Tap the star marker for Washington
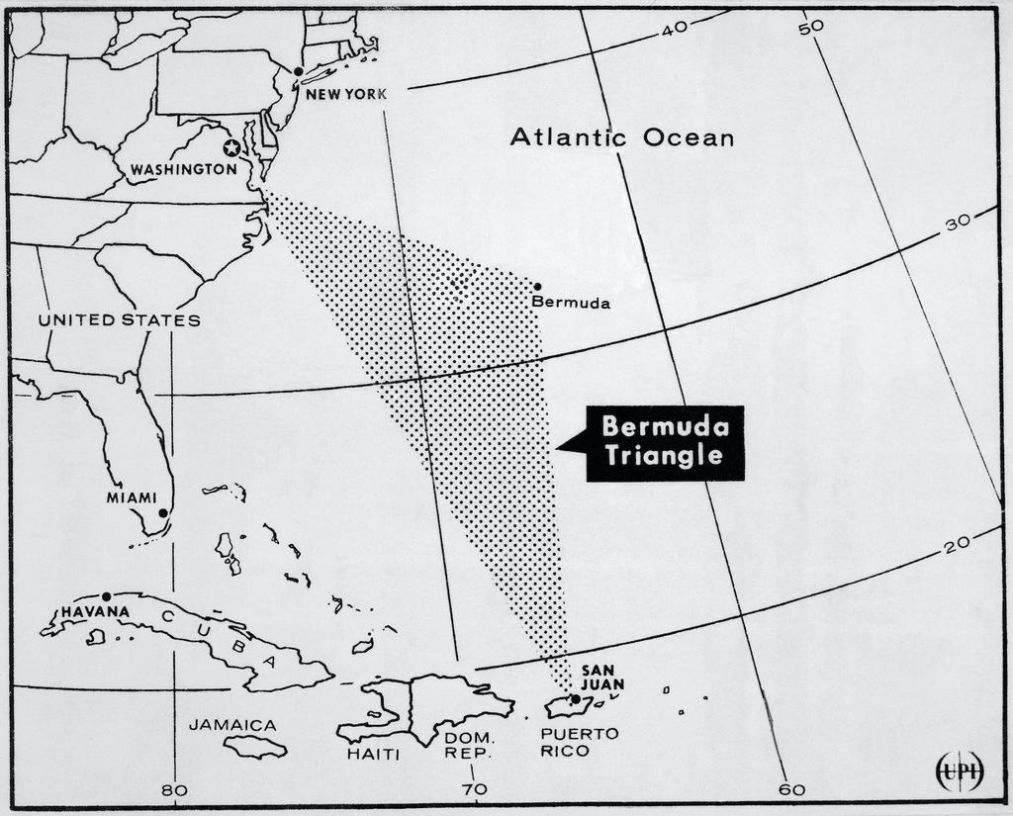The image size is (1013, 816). click(231, 147)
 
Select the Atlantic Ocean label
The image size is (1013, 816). click(622, 137)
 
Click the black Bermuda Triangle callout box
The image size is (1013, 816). click(665, 442)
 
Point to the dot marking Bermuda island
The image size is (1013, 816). click(537, 287)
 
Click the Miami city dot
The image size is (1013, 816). click(163, 513)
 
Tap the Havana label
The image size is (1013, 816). click(95, 611)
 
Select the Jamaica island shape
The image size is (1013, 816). click(254, 746)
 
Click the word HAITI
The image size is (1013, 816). click(373, 755)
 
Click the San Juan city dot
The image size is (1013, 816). click(576, 699)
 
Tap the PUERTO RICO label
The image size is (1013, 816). click(580, 742)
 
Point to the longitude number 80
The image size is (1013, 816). click(174, 789)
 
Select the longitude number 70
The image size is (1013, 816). click(474, 789)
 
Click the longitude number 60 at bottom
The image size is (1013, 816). click(791, 789)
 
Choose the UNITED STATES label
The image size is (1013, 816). click(119, 319)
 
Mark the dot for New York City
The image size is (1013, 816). click(297, 71)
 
